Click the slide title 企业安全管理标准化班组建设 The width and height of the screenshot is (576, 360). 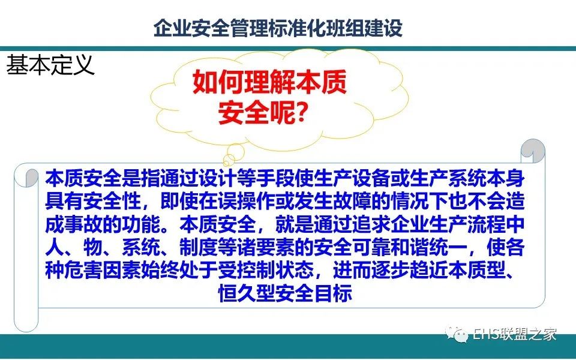(278, 28)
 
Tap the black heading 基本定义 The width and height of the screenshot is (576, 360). (50, 65)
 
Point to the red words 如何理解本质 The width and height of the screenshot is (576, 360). (269, 82)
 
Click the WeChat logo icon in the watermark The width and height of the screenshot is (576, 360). (457, 334)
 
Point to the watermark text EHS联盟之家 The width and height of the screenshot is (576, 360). (515, 334)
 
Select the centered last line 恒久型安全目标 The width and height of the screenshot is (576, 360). (286, 293)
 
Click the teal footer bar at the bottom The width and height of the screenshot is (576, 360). (288, 346)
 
